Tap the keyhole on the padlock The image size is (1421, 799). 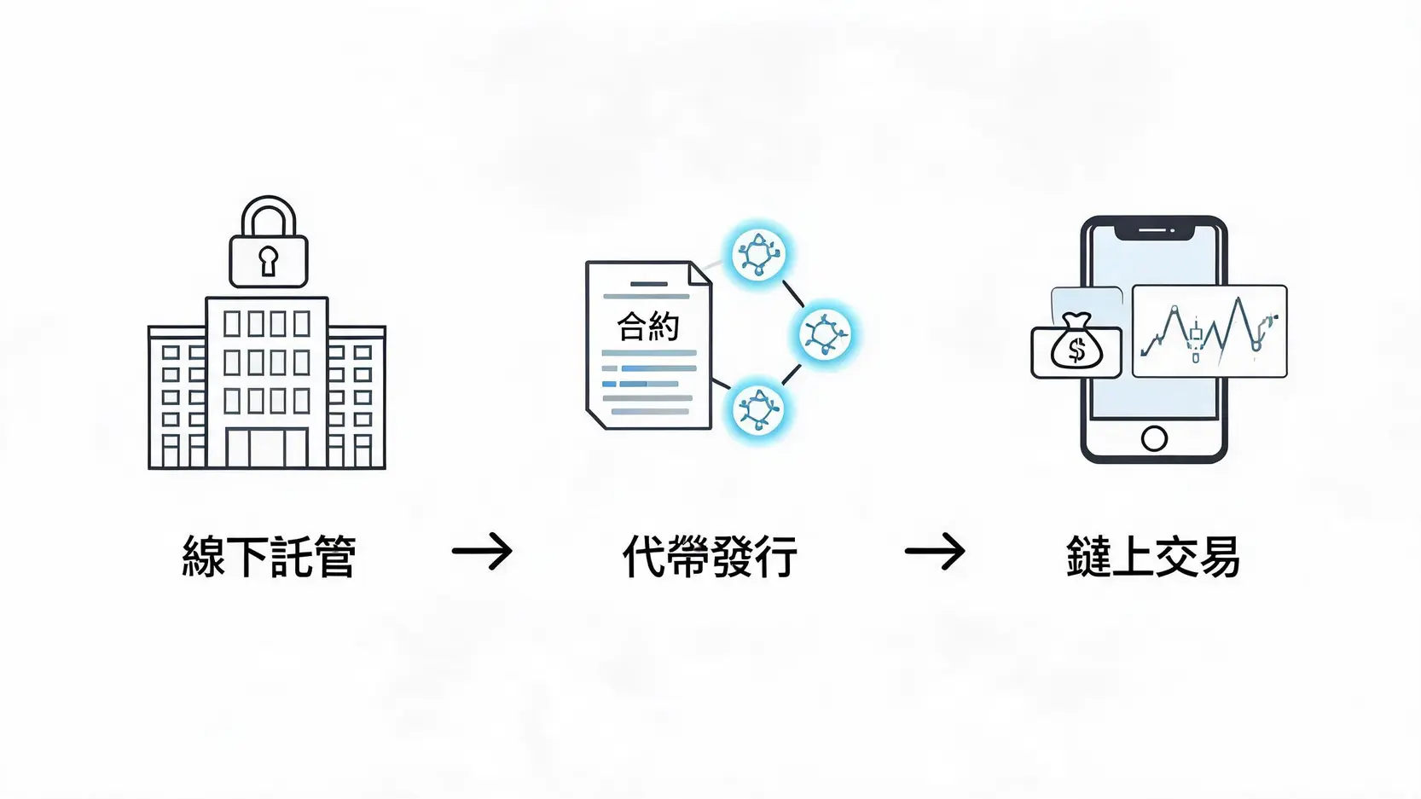point(269,260)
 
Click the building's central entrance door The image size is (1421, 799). point(267,448)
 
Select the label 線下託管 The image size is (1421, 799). point(269,556)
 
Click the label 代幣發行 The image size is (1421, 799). point(710,556)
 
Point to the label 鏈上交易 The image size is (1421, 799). point(1152,556)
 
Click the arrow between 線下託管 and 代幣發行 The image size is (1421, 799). point(482,551)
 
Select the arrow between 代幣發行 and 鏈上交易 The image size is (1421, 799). point(935,551)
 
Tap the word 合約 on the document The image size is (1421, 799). point(647,326)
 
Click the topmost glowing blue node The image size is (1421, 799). point(758,254)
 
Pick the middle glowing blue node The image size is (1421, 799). point(824,333)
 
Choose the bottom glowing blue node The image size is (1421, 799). point(758,409)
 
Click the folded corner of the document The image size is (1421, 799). point(699,274)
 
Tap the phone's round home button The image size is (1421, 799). point(1154,438)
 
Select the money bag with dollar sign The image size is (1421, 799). point(1076,342)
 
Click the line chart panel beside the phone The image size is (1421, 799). point(1209,331)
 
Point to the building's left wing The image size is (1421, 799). point(177,397)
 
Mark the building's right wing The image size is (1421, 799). point(357,397)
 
